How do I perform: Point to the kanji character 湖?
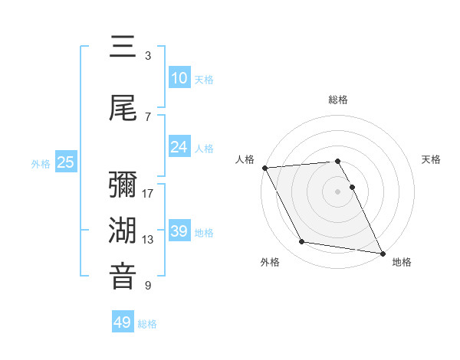tap(123, 231)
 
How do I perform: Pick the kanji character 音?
tap(123, 277)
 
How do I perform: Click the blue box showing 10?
tap(179, 78)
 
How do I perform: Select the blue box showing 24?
tap(179, 147)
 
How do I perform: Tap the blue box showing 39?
tap(179, 231)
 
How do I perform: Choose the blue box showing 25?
tap(66, 162)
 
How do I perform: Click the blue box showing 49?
tap(123, 322)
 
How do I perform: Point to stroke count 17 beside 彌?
tap(148, 193)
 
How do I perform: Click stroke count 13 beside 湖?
tap(148, 240)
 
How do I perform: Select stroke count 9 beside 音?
tap(148, 286)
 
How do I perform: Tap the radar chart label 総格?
tap(338, 100)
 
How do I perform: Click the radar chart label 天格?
tap(432, 159)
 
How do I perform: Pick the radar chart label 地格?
tap(402, 262)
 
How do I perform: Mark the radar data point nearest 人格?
tap(264, 168)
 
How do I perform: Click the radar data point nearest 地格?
tap(382, 252)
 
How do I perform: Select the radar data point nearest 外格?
tap(302, 242)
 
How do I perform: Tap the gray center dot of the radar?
tap(338, 191)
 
